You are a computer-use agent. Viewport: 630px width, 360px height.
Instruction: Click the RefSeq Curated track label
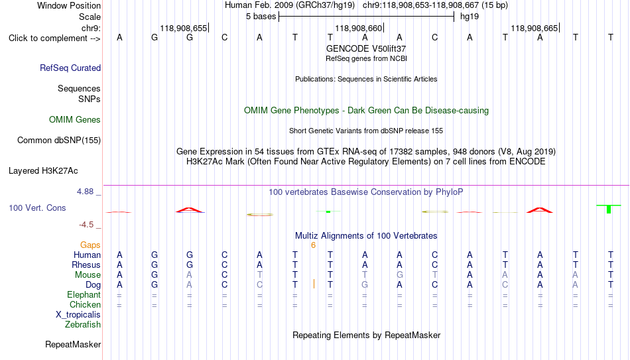[x=70, y=68]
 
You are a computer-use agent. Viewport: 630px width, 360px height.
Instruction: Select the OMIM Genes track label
[x=75, y=120]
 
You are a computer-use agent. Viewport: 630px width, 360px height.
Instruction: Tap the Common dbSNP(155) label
[x=59, y=141]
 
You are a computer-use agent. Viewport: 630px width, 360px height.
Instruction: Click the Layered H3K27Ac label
[x=43, y=171]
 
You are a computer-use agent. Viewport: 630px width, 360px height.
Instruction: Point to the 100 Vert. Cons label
[x=37, y=208]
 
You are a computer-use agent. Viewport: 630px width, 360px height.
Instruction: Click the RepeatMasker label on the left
[x=73, y=344]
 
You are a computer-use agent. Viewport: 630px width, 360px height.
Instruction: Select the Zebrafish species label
[x=83, y=324]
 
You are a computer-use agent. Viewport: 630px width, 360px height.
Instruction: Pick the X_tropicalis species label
[x=78, y=315]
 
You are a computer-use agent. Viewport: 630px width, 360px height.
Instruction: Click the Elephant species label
[x=84, y=294]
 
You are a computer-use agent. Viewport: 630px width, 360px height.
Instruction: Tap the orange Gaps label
[x=90, y=245]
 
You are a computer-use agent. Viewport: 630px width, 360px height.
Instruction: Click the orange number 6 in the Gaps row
[x=314, y=245]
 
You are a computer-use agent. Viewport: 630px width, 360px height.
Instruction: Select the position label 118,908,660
[x=358, y=28]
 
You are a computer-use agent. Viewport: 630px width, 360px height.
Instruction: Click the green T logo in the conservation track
[x=609, y=209]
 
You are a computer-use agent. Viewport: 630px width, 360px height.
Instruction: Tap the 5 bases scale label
[x=261, y=17]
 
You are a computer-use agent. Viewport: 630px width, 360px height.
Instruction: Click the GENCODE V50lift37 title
[x=366, y=48]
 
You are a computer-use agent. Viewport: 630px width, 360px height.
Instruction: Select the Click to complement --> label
[x=54, y=38]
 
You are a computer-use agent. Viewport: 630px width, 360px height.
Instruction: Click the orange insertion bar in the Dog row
[x=314, y=284]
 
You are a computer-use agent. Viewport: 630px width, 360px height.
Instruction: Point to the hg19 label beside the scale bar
[x=470, y=17]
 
